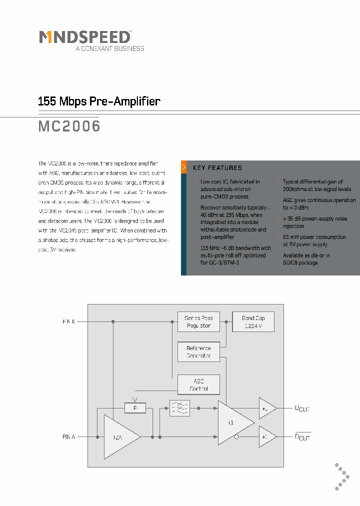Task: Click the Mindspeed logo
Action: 85,37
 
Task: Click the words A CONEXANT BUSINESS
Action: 109,48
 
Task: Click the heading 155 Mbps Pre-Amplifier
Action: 99,101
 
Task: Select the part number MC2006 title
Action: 69,126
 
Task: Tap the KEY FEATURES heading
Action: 217,168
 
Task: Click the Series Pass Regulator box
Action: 198,321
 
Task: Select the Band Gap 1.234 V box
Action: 253,321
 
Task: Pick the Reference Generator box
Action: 198,352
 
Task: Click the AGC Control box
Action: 198,384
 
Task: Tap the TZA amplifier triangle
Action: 119,436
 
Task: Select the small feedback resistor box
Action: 134,408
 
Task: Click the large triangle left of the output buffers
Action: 233,422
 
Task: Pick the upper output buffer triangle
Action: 266,408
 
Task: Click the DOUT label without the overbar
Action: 302,409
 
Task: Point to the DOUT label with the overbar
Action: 302,437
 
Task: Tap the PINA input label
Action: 68,437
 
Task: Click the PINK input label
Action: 69,321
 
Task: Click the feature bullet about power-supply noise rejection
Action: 314,222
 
